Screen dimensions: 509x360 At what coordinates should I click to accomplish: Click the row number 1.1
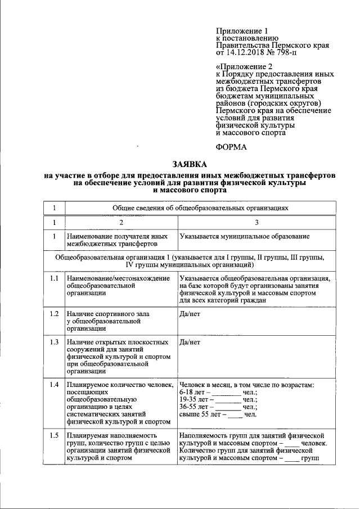[54, 279]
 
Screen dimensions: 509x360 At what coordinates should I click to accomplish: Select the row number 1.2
[54, 313]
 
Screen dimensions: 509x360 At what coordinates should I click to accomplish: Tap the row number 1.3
[54, 342]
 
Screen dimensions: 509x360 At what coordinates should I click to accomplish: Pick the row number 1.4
[54, 385]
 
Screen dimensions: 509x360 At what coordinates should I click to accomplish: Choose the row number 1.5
[54, 436]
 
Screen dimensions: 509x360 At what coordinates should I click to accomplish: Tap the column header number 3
[256, 223]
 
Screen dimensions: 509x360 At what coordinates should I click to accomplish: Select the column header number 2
[120, 223]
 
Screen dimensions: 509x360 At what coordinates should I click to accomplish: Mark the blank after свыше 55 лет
[235, 415]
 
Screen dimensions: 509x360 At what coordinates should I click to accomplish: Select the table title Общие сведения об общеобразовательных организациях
[200, 208]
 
